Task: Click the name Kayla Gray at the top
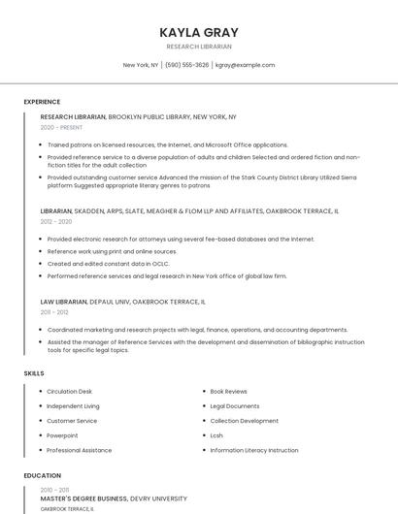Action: pos(198,32)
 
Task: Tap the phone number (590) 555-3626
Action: pos(187,65)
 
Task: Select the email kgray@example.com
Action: pos(245,65)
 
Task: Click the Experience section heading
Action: pos(42,102)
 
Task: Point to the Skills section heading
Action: pos(34,373)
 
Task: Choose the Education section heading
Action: pos(42,475)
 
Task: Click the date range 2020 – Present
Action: pos(61,127)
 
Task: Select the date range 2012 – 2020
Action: pos(56,221)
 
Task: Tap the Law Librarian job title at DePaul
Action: pos(64,302)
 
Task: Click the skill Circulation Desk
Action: pos(69,391)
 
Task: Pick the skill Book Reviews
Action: pos(229,391)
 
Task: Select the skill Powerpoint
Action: pos(62,435)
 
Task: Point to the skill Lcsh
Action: pos(216,435)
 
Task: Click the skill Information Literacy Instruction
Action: pos(254,450)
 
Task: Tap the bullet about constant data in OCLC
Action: pos(108,263)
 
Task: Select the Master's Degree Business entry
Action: pos(84,498)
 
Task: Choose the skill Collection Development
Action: pos(244,421)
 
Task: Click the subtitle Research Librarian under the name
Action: pos(198,47)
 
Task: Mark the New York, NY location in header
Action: pos(141,65)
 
